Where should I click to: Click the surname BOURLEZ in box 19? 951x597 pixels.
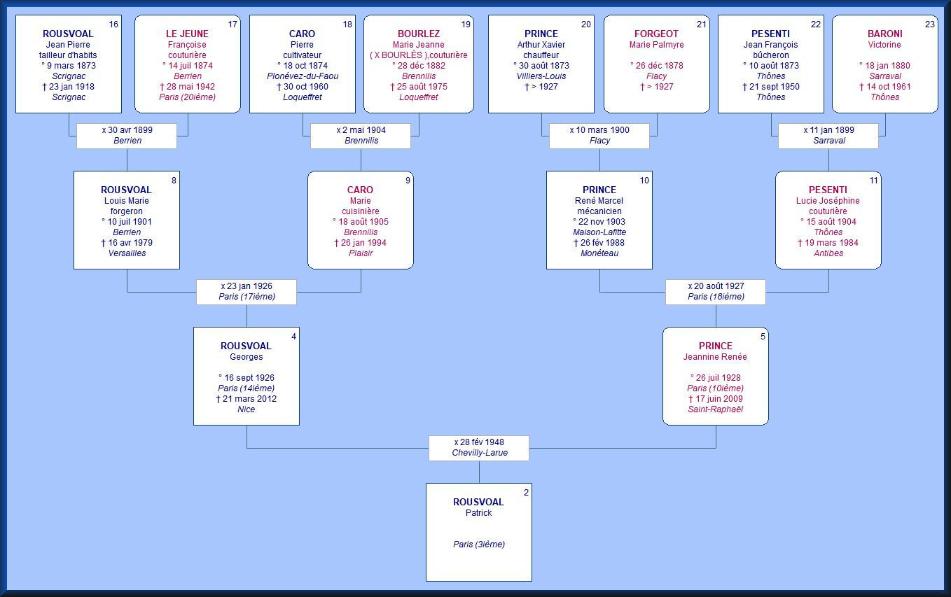tap(419, 34)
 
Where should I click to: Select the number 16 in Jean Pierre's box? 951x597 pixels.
tap(114, 24)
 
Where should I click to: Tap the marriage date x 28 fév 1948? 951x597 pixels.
tap(479, 442)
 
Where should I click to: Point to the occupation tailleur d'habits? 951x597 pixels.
tap(68, 55)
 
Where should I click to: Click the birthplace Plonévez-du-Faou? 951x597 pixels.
tap(303, 76)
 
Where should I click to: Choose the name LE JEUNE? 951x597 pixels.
tap(187, 34)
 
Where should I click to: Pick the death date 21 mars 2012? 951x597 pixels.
tap(247, 399)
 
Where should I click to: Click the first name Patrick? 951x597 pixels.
tap(479, 513)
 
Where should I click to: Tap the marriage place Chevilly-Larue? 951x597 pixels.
tap(479, 453)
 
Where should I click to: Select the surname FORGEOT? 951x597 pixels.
tap(656, 34)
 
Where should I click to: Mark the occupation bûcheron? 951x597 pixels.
tap(770, 55)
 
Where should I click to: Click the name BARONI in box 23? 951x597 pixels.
tap(884, 34)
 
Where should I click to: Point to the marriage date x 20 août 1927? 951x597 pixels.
tap(716, 286)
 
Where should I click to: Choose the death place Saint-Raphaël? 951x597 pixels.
tap(716, 409)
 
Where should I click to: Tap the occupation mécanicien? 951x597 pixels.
tap(599, 211)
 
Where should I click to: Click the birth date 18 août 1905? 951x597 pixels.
tap(361, 222)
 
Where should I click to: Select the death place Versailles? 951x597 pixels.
tap(127, 253)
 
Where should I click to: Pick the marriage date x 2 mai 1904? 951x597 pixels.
tap(361, 130)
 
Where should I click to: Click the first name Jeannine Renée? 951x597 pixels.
tap(716, 357)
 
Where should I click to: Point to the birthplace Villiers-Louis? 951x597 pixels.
tap(541, 76)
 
